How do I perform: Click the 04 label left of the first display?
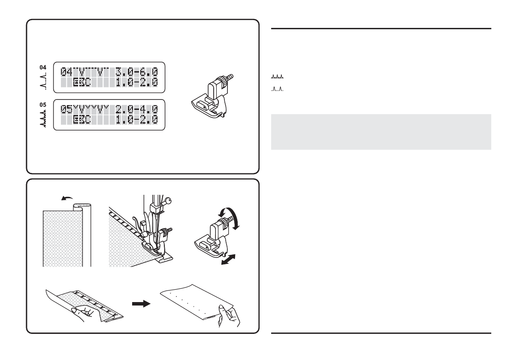tap(42, 67)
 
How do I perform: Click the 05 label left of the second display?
tap(42, 103)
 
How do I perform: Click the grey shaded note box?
tap(381, 132)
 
